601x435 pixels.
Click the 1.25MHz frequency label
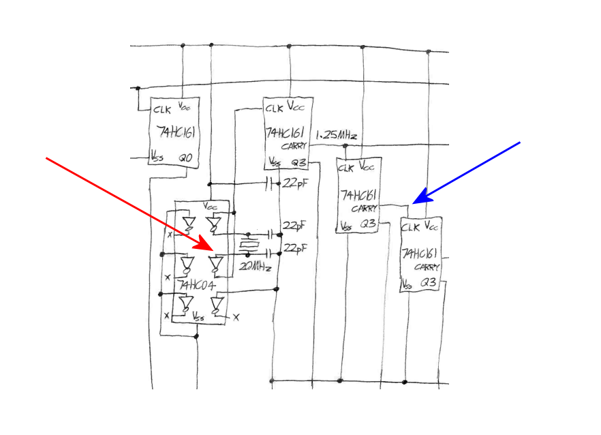(337, 135)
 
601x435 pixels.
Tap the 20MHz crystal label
(256, 267)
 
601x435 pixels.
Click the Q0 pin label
(185, 157)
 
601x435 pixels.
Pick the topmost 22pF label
(294, 183)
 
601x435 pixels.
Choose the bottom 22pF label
(296, 250)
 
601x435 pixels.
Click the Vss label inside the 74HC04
(198, 317)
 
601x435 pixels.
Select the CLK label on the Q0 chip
(161, 108)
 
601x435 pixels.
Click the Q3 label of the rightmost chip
(429, 282)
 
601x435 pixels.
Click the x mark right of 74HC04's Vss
(236, 316)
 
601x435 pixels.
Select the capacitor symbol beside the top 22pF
(271, 183)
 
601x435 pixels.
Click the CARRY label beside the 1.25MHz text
(295, 146)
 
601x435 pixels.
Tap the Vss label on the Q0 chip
(157, 157)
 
